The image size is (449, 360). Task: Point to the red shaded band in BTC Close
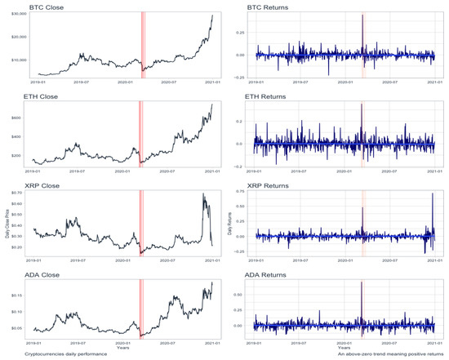point(141,45)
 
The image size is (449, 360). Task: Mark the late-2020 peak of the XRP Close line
point(202,194)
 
